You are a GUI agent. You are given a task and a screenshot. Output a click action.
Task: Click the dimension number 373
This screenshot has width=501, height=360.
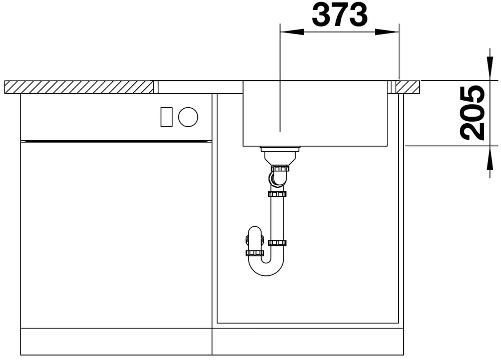coord(340,15)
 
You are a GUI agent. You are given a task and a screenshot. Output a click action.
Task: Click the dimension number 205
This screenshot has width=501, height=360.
coord(472,113)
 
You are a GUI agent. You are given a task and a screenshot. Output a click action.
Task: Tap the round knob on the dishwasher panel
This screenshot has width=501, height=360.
coord(188,117)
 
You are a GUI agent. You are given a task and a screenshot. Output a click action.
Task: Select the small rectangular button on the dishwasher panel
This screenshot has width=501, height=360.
coord(166,117)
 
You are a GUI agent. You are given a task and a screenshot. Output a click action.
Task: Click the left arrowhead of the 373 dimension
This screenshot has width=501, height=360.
coord(292,32)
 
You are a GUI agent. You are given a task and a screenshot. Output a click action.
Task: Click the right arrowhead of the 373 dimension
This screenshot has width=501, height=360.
coord(387,32)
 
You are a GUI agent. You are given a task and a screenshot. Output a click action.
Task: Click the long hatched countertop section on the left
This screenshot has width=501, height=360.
coord(79,87)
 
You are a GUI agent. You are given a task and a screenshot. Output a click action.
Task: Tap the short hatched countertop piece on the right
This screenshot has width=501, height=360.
coord(408,87)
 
